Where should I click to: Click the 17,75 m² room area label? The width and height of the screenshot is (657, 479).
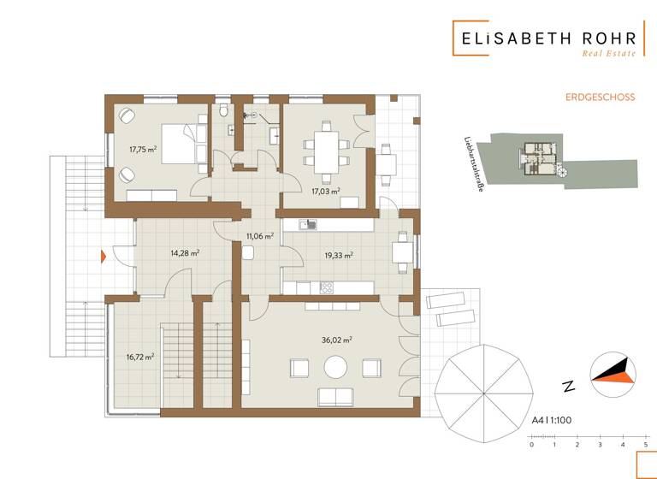click(143, 149)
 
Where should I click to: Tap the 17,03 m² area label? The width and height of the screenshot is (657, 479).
click(327, 192)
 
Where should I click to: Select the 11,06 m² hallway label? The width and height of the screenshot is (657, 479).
click(259, 236)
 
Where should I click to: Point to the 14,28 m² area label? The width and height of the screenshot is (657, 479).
click(185, 253)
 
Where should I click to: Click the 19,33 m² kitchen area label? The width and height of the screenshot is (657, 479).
click(339, 255)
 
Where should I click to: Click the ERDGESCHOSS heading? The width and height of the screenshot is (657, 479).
click(600, 98)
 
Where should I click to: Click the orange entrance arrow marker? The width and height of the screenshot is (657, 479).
click(102, 255)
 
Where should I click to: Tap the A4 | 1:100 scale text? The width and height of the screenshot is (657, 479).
click(551, 421)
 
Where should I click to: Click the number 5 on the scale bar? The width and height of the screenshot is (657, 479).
click(645, 444)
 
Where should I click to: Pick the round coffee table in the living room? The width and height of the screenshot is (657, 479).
click(334, 368)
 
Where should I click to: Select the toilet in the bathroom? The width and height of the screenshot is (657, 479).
click(222, 111)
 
